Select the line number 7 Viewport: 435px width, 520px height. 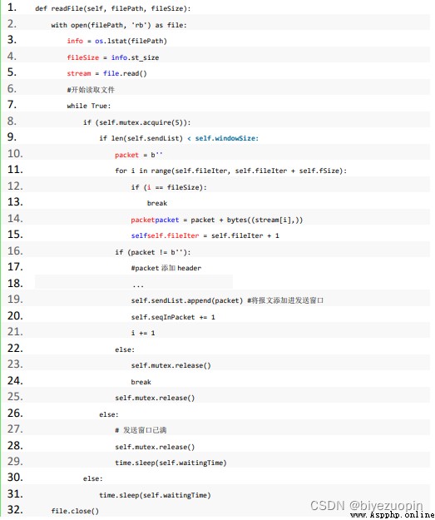click(12, 105)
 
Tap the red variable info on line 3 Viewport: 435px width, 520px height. click(75, 41)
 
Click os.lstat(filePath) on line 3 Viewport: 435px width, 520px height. click(131, 41)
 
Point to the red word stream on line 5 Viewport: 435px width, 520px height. click(79, 73)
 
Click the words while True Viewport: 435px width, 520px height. click(89, 106)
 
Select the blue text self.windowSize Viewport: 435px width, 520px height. click(227, 138)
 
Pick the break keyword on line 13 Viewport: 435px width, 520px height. click(157, 203)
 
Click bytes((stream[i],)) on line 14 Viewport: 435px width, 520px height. click(265, 220)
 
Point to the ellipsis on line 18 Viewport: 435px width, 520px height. click(138, 285)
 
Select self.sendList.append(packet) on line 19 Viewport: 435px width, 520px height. click(187, 300)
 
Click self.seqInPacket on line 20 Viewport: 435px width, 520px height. click(163, 317)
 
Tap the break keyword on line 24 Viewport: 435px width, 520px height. click(141, 382)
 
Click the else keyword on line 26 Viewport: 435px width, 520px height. click(109, 414)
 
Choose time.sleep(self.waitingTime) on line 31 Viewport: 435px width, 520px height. click(155, 495)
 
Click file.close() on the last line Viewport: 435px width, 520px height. click(75, 511)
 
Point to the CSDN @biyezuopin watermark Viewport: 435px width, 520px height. click(367, 505)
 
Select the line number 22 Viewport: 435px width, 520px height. click(15, 348)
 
